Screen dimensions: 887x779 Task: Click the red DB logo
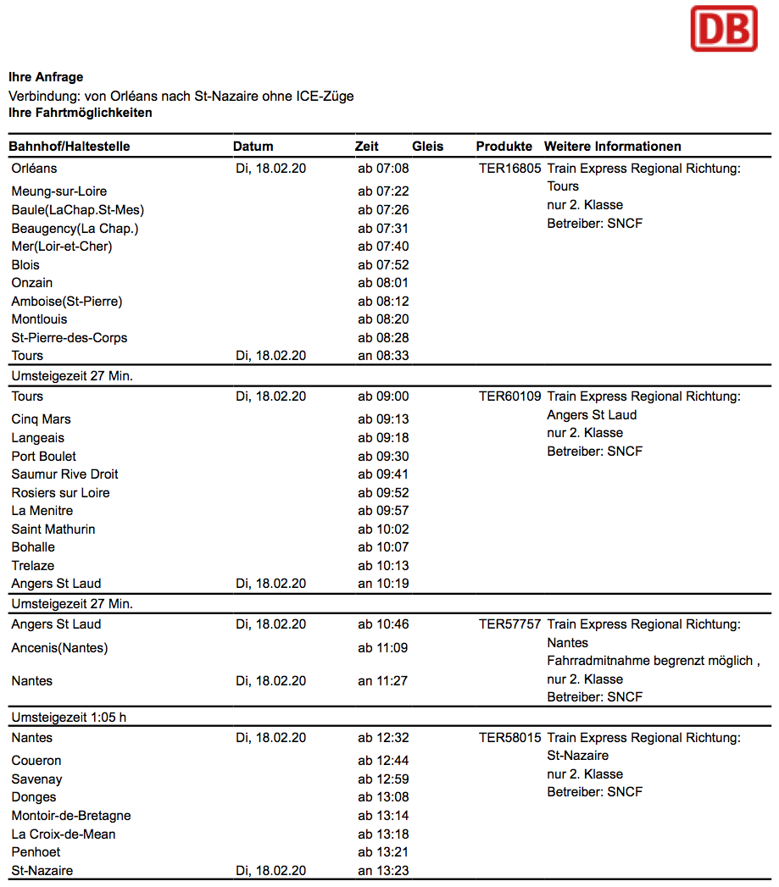point(723,29)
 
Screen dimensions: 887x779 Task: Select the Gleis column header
point(428,147)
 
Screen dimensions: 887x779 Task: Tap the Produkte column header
point(504,147)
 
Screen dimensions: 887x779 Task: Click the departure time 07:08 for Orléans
point(383,169)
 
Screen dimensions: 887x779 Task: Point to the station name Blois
point(25,265)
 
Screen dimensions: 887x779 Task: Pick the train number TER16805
point(509,169)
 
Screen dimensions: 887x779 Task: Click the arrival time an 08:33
point(383,356)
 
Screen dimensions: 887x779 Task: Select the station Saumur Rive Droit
point(64,474)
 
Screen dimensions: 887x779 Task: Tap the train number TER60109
point(509,396)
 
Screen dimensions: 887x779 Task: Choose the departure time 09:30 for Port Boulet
point(383,457)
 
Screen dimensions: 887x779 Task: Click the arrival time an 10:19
point(383,584)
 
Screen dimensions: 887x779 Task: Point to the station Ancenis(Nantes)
point(59,649)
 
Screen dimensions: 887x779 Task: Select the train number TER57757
point(509,624)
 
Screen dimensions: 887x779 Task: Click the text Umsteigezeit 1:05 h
point(69,718)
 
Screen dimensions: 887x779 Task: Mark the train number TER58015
point(509,738)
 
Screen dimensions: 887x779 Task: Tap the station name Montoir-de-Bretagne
point(71,816)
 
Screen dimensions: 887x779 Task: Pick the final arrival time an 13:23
point(383,871)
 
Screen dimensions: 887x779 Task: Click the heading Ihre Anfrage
point(46,78)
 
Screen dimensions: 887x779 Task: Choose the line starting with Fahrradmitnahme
point(654,661)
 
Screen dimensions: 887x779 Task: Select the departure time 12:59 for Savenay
point(383,779)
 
